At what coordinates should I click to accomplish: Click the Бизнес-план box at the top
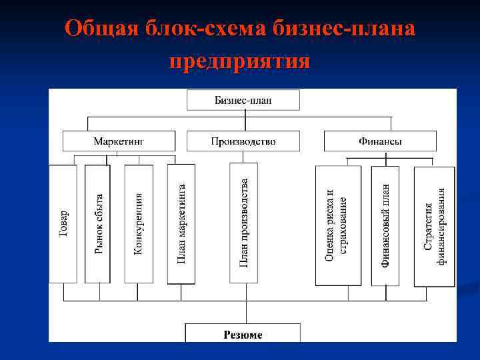(243, 100)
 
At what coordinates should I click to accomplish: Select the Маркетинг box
(119, 141)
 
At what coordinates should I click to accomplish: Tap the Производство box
(243, 141)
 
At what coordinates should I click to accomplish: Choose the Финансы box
(380, 141)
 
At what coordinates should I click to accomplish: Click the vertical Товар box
(63, 224)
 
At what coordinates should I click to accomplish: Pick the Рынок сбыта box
(98, 224)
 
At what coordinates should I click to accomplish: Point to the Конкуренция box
(139, 224)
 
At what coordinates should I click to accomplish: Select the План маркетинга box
(181, 224)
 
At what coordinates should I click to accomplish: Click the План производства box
(243, 223)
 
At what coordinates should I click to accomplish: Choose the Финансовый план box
(385, 225)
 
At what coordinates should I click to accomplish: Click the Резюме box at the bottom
(243, 333)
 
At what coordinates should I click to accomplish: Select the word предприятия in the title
(240, 61)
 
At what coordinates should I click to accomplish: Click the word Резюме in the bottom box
(243, 335)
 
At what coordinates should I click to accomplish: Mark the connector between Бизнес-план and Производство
(244, 121)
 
